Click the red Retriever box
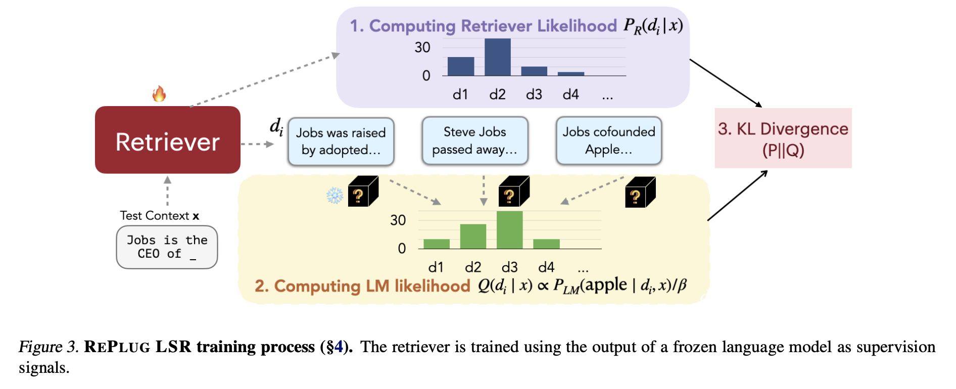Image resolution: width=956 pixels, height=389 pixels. point(168,140)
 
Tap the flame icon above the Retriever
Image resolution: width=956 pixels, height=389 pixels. point(159,93)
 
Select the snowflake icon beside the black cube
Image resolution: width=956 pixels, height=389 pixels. point(334,196)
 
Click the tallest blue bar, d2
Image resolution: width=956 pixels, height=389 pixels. point(498,57)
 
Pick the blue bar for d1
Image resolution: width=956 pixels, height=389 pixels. point(461,67)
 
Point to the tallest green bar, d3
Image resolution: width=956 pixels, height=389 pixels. point(509,230)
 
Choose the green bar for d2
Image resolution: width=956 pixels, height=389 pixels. point(473,236)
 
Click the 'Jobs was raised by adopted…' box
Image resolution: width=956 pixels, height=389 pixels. point(341,141)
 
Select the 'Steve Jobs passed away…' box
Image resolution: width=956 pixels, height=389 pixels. point(475,140)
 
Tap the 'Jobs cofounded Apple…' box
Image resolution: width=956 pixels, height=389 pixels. point(609,140)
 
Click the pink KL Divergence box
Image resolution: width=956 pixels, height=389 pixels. point(783,138)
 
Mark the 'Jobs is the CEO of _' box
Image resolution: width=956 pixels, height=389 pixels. point(167,247)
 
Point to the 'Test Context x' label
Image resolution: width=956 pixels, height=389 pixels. point(160,216)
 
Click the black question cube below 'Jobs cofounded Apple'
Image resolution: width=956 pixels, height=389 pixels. point(640,192)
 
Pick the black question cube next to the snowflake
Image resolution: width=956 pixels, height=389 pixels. point(363,191)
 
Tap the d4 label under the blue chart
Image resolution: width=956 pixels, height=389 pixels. point(571,94)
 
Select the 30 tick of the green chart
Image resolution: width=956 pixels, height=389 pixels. point(398,220)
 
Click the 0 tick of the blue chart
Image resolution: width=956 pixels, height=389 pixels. point(426,76)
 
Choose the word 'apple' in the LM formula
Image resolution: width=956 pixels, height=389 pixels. point(606,284)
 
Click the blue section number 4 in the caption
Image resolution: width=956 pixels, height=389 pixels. point(339,347)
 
